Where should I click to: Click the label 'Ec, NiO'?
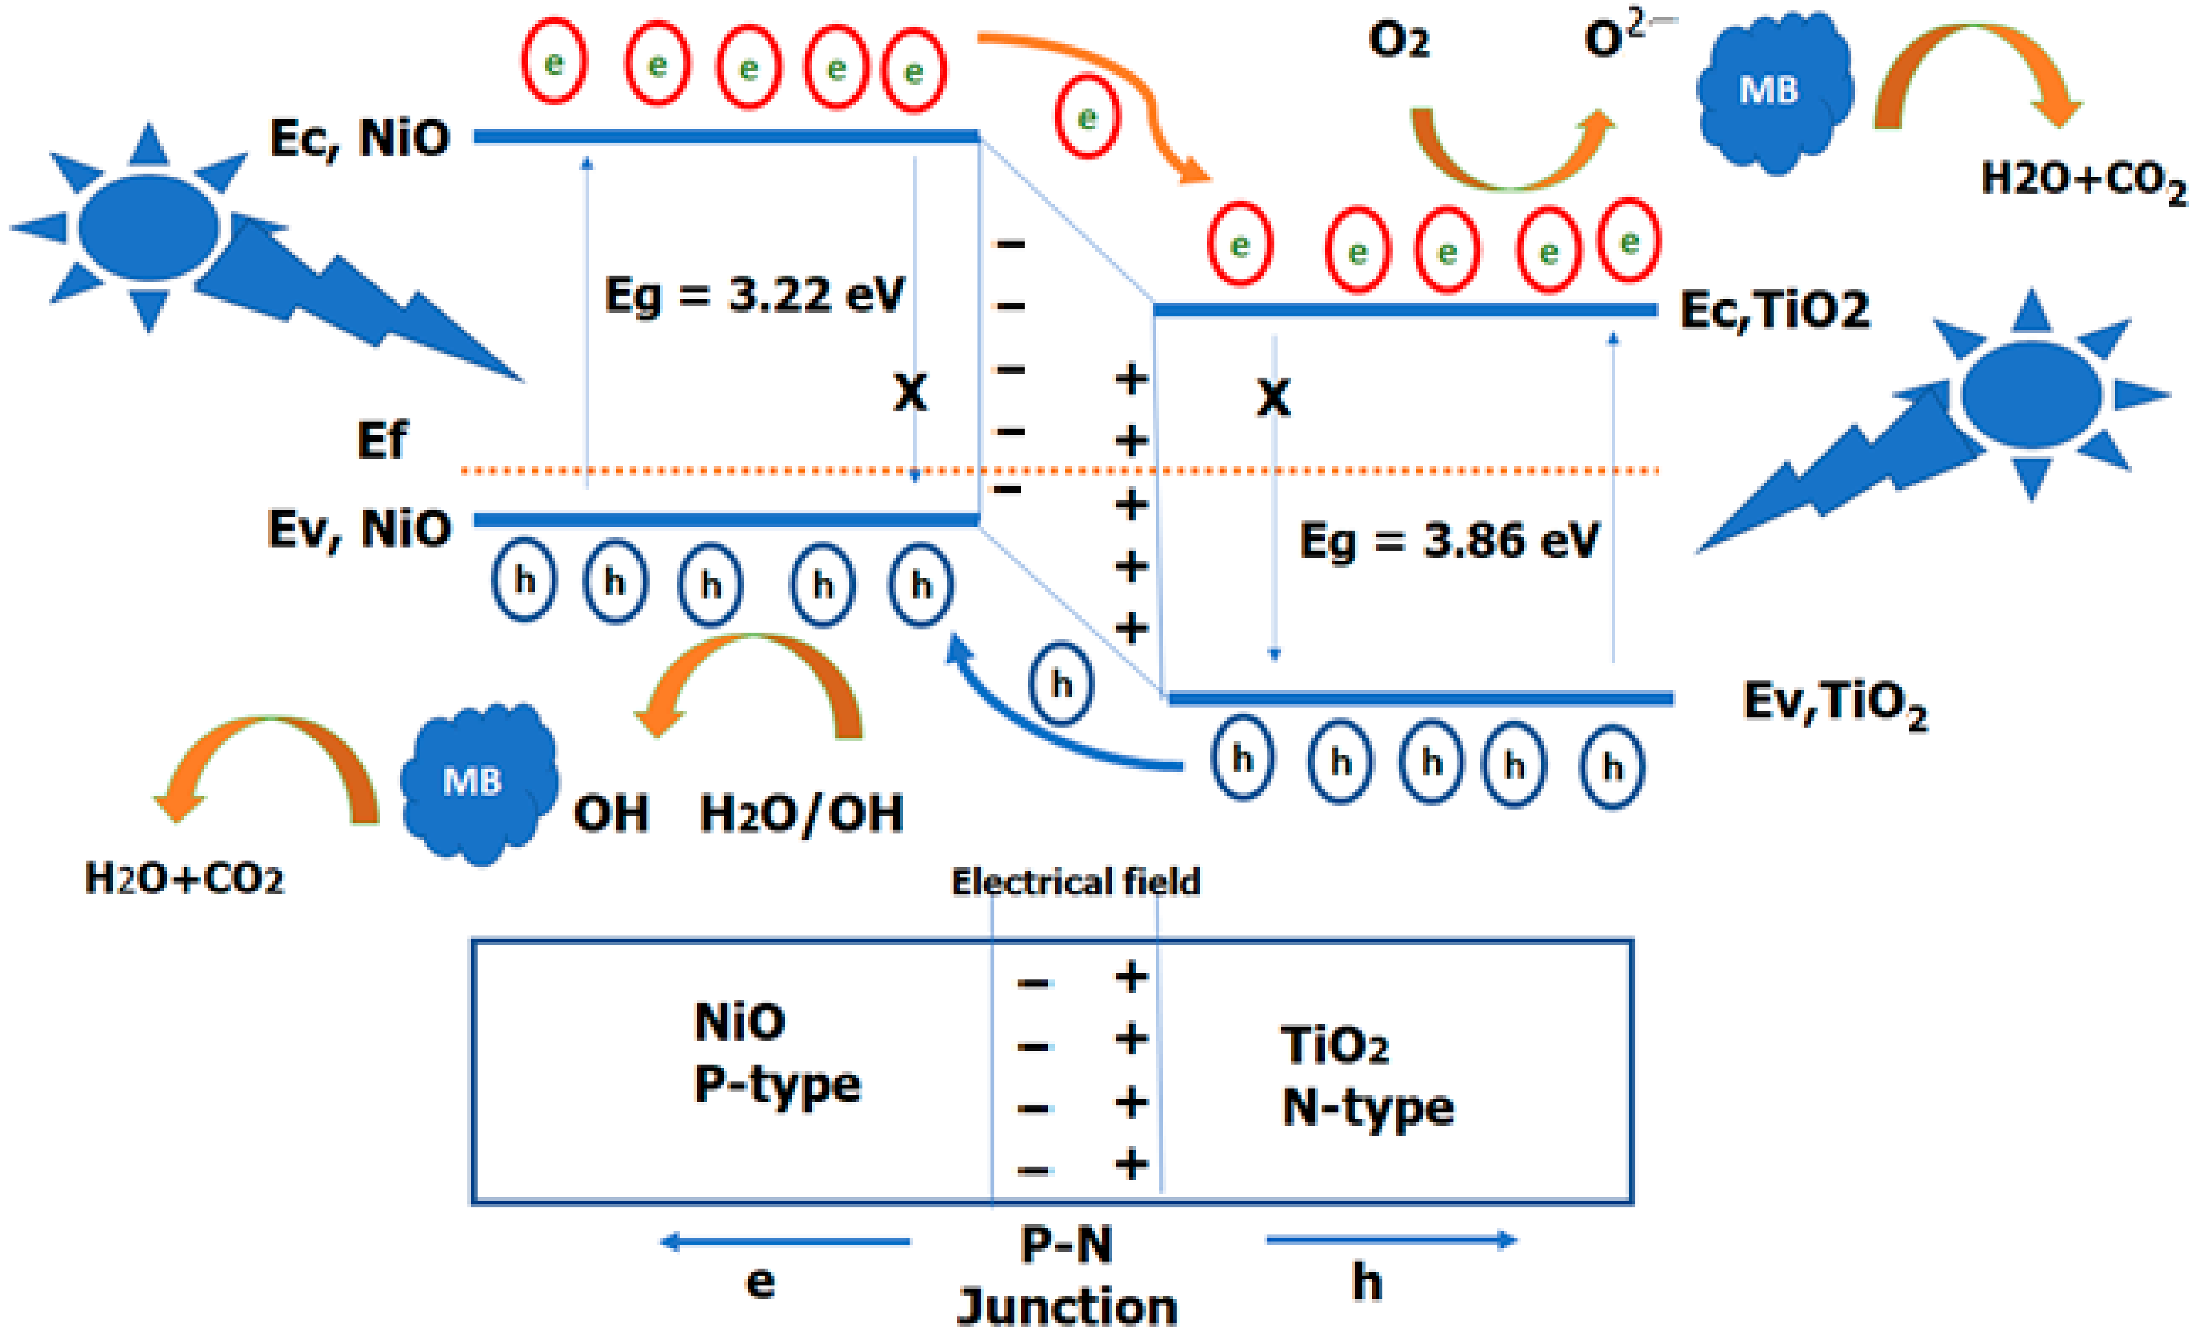point(359,138)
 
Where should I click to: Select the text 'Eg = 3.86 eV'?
point(1449,540)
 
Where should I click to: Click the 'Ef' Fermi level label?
point(382,440)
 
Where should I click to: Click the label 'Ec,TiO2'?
point(1774,310)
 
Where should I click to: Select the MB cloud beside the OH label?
point(477,782)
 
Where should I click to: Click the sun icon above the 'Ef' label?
point(149,227)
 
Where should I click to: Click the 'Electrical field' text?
point(1075,882)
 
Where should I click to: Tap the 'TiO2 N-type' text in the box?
point(1367,1077)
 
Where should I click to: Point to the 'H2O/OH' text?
point(801,813)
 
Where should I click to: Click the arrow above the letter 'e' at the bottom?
point(785,1241)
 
